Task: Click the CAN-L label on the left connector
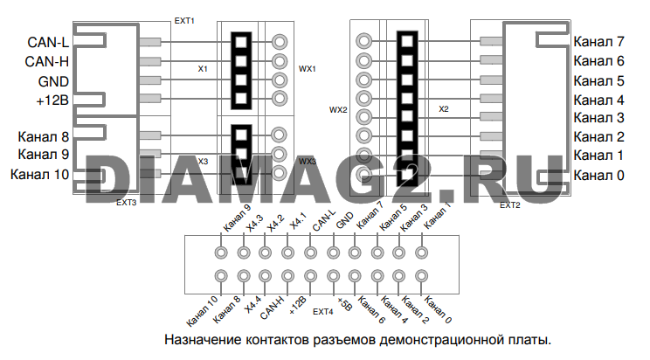48,42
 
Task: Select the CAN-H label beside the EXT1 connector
47,62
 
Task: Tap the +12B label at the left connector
52,100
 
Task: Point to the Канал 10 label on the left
40,174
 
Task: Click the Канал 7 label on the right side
598,41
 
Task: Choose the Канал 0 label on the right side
598,176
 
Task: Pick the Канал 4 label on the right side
598,100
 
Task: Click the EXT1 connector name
184,21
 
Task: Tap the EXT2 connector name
510,205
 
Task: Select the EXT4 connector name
323,311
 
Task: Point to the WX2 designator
338,110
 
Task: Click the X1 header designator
203,69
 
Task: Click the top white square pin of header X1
241,42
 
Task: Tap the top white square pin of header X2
407,41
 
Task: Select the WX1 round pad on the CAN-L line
280,42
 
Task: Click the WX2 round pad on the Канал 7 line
364,41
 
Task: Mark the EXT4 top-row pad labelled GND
333,253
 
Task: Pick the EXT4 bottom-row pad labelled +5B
333,276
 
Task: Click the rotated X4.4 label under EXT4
252,305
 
